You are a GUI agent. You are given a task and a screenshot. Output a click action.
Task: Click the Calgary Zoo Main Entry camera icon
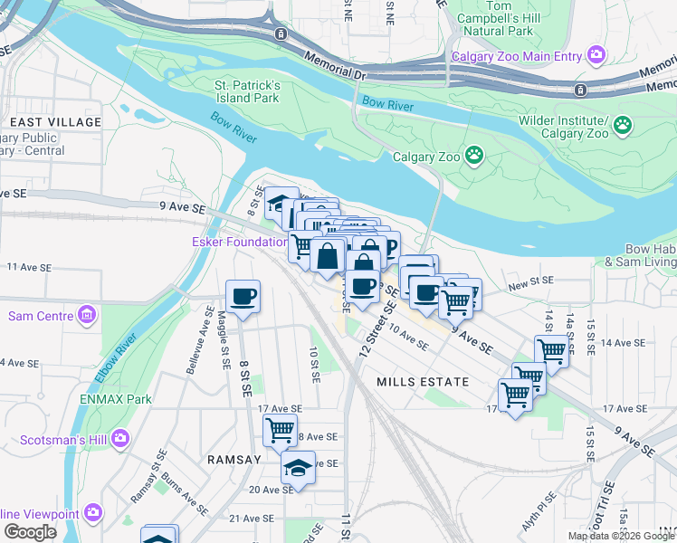coord(596,56)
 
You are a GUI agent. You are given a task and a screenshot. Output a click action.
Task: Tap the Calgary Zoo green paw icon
coord(474,156)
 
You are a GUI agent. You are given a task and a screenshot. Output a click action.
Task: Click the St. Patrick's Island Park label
coord(247,91)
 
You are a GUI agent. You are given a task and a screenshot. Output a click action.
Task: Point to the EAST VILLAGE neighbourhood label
coord(55,122)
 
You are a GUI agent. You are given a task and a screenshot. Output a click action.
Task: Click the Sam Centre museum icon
coord(87,316)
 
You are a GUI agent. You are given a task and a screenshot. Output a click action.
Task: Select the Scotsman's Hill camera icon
coord(120,439)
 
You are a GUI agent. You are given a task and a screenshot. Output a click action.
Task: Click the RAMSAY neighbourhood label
coord(234,460)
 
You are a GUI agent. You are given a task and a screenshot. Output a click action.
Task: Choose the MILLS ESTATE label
coord(423,382)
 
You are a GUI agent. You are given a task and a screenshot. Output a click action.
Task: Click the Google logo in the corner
coord(30,532)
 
